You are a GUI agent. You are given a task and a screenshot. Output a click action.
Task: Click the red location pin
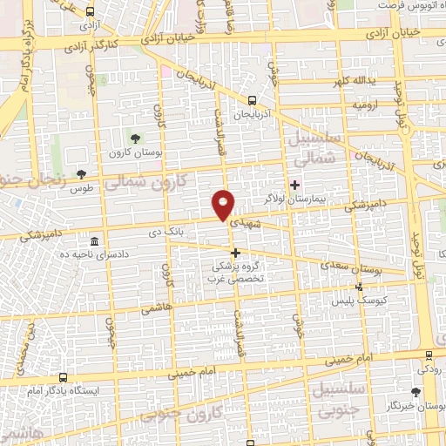[x=224, y=204]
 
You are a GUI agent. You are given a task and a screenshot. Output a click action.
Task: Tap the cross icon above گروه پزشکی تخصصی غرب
[x=235, y=252]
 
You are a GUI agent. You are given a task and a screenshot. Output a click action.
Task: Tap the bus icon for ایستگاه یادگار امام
[x=63, y=379]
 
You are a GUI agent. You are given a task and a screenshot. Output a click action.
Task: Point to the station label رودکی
[x=428, y=368]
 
